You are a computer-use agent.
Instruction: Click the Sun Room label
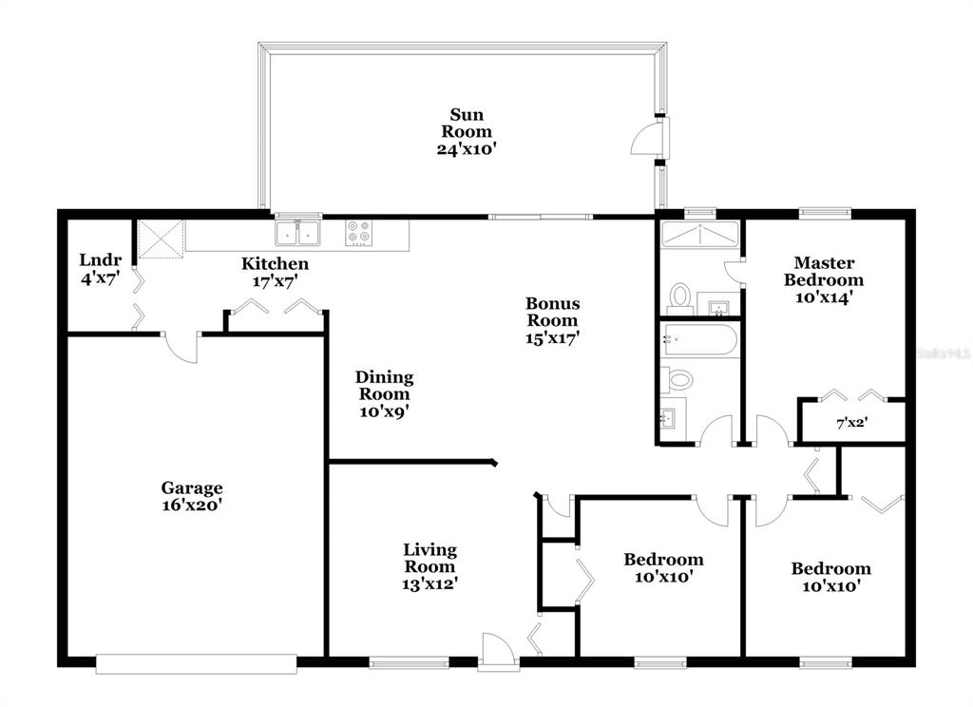(x=467, y=123)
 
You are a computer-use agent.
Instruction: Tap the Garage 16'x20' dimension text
(x=192, y=505)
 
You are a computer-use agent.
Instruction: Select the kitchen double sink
(x=297, y=233)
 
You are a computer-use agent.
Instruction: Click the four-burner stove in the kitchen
(x=359, y=233)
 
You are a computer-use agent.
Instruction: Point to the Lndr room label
(x=101, y=259)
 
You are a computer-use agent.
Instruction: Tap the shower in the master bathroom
(x=700, y=234)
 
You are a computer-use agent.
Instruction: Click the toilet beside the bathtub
(x=677, y=378)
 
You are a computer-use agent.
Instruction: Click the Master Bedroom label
(x=824, y=271)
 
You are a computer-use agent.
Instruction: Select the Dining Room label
(x=384, y=386)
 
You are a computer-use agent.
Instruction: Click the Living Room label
(x=430, y=558)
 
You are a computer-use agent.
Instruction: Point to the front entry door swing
(x=498, y=650)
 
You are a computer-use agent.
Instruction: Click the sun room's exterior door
(x=649, y=138)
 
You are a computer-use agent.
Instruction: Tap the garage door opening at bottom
(x=196, y=663)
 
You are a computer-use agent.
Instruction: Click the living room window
(x=409, y=663)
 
